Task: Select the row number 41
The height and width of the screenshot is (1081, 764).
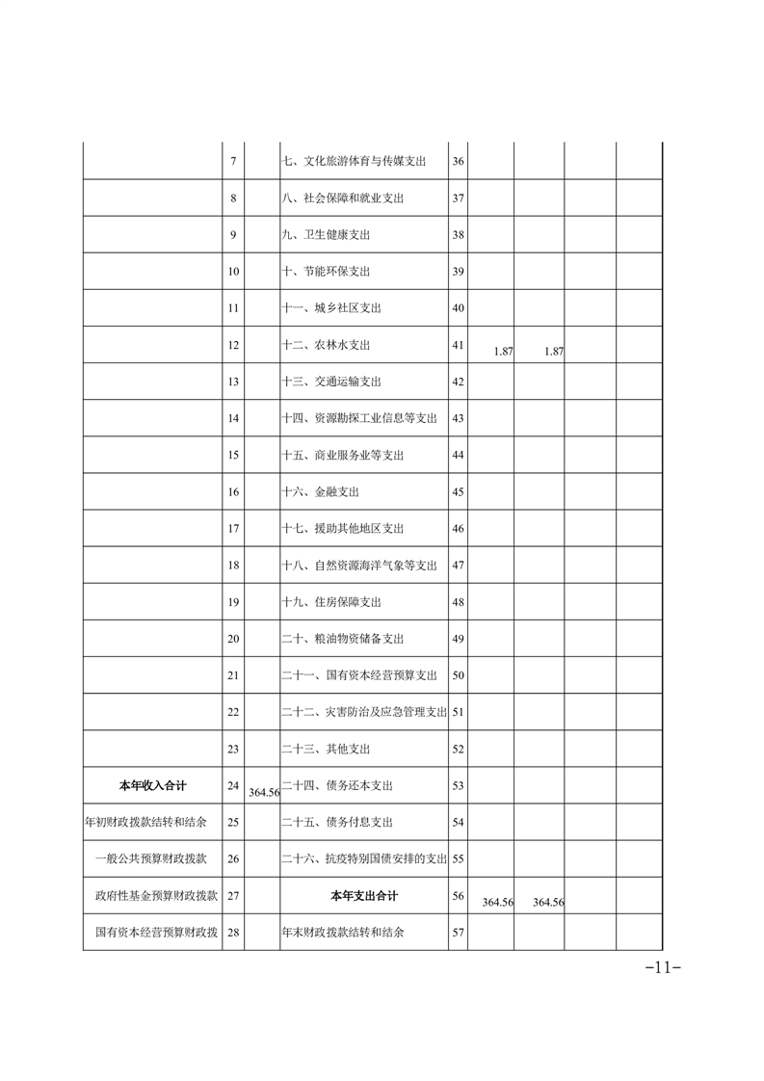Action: [458, 345]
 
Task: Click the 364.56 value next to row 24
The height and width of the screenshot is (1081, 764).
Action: [263, 792]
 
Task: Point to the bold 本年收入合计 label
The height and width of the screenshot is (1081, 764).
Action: [152, 786]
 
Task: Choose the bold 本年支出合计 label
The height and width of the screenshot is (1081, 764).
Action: [363, 896]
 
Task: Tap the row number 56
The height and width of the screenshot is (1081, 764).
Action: [458, 896]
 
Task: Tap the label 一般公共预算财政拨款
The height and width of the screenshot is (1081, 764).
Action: [156, 858]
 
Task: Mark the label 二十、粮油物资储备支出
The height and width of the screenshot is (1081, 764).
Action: [342, 639]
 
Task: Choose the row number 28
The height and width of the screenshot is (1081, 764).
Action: [233, 933]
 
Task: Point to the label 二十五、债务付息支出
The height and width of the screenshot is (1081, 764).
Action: [337, 823]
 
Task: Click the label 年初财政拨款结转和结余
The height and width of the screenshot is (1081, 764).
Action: [152, 823]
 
